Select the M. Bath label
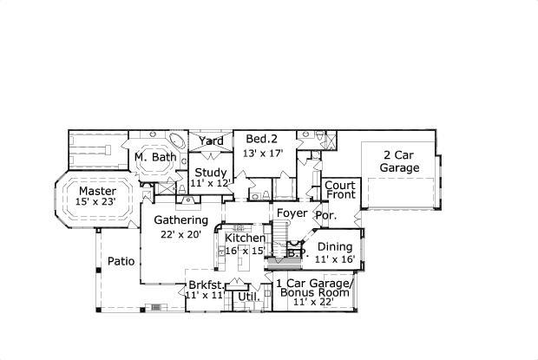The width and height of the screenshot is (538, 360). [x=155, y=157]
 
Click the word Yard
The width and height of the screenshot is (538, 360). [x=211, y=141]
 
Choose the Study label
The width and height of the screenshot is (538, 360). [x=210, y=172]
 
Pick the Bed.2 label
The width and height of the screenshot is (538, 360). [x=260, y=139]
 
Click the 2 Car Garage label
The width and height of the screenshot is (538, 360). [x=399, y=161]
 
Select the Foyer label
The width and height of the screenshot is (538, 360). [x=292, y=213]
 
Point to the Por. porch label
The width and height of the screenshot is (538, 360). [x=325, y=214]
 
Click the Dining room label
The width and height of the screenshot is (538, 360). [x=334, y=246]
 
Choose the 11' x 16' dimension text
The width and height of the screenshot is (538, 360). [x=335, y=259]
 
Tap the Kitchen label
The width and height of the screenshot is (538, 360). [x=245, y=238]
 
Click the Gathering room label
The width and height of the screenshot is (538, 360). [x=180, y=220]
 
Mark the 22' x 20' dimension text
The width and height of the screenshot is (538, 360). [x=180, y=233]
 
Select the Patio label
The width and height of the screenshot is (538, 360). [x=121, y=261]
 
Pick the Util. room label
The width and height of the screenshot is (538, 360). [x=249, y=297]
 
